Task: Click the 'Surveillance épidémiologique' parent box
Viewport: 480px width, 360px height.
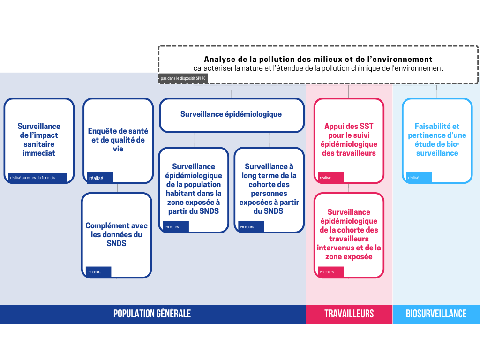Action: [x=232, y=114]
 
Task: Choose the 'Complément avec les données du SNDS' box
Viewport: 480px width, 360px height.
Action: [x=117, y=234]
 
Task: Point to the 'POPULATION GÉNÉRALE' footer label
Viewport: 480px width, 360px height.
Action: [x=152, y=314]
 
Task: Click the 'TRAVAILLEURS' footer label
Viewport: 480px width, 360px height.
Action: [x=349, y=314]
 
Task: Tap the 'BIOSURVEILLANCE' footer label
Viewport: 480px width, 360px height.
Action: [x=436, y=314]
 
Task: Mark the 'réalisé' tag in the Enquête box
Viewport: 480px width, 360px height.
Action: [x=99, y=178]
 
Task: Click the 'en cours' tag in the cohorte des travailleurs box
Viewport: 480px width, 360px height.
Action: [x=331, y=272]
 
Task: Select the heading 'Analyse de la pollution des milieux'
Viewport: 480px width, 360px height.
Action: [x=318, y=60]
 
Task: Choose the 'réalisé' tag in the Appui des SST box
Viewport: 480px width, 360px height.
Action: [x=330, y=178]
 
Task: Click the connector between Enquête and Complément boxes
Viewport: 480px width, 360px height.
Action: [x=117, y=188]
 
